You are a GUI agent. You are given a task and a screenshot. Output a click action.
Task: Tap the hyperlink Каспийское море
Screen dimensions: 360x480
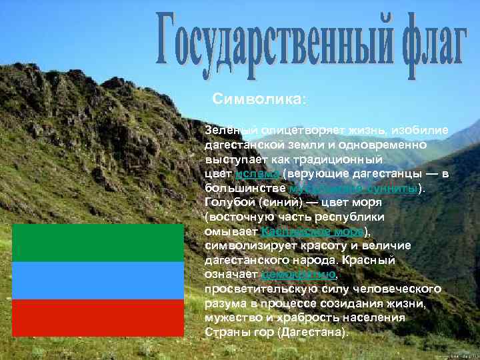313,231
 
